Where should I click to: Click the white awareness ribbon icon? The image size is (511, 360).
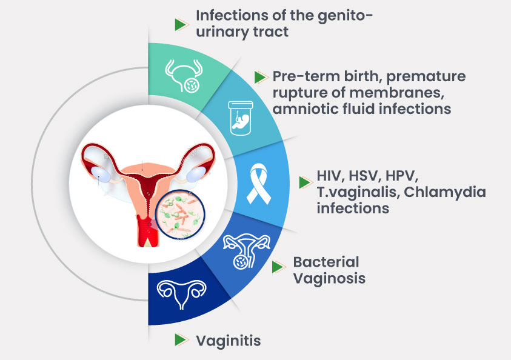[x=258, y=184]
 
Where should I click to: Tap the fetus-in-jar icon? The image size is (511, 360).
[x=241, y=118]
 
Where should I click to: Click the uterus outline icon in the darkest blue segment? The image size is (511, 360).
[x=181, y=294]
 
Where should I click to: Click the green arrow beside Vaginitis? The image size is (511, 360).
[x=181, y=340]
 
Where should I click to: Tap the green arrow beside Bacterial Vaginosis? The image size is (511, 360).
[x=279, y=267]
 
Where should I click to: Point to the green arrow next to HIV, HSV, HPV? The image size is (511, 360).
[x=306, y=182]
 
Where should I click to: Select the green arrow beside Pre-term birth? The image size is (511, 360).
[x=261, y=77]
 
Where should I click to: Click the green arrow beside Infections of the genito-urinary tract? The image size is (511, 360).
[x=181, y=24]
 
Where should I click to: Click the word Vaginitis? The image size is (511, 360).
[x=229, y=341]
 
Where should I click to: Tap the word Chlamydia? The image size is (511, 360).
[x=445, y=193]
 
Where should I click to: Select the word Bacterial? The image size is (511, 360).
[x=326, y=262]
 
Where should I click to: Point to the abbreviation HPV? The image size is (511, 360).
[x=402, y=176]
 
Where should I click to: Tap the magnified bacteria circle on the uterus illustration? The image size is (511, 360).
[x=180, y=215]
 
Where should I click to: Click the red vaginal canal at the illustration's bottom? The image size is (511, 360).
[x=147, y=231]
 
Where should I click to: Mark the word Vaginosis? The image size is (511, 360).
[x=329, y=279]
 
